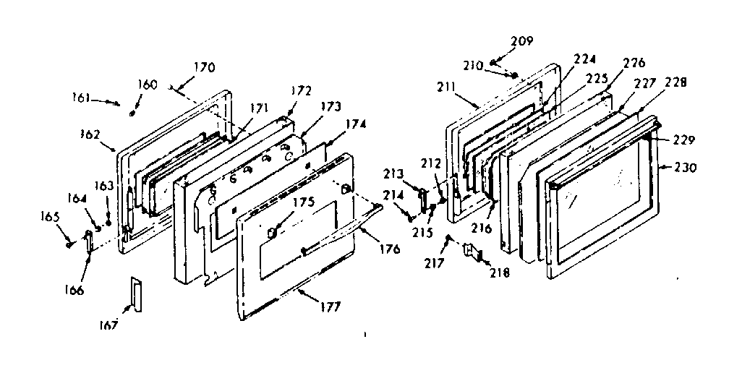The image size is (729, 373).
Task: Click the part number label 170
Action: (x=204, y=69)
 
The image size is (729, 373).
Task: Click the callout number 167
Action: (x=108, y=327)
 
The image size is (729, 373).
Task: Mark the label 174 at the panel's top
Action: (x=355, y=124)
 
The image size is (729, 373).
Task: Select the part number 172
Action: (x=302, y=91)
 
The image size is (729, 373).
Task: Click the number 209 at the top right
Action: (x=522, y=41)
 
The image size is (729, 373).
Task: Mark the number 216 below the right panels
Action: (x=482, y=228)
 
